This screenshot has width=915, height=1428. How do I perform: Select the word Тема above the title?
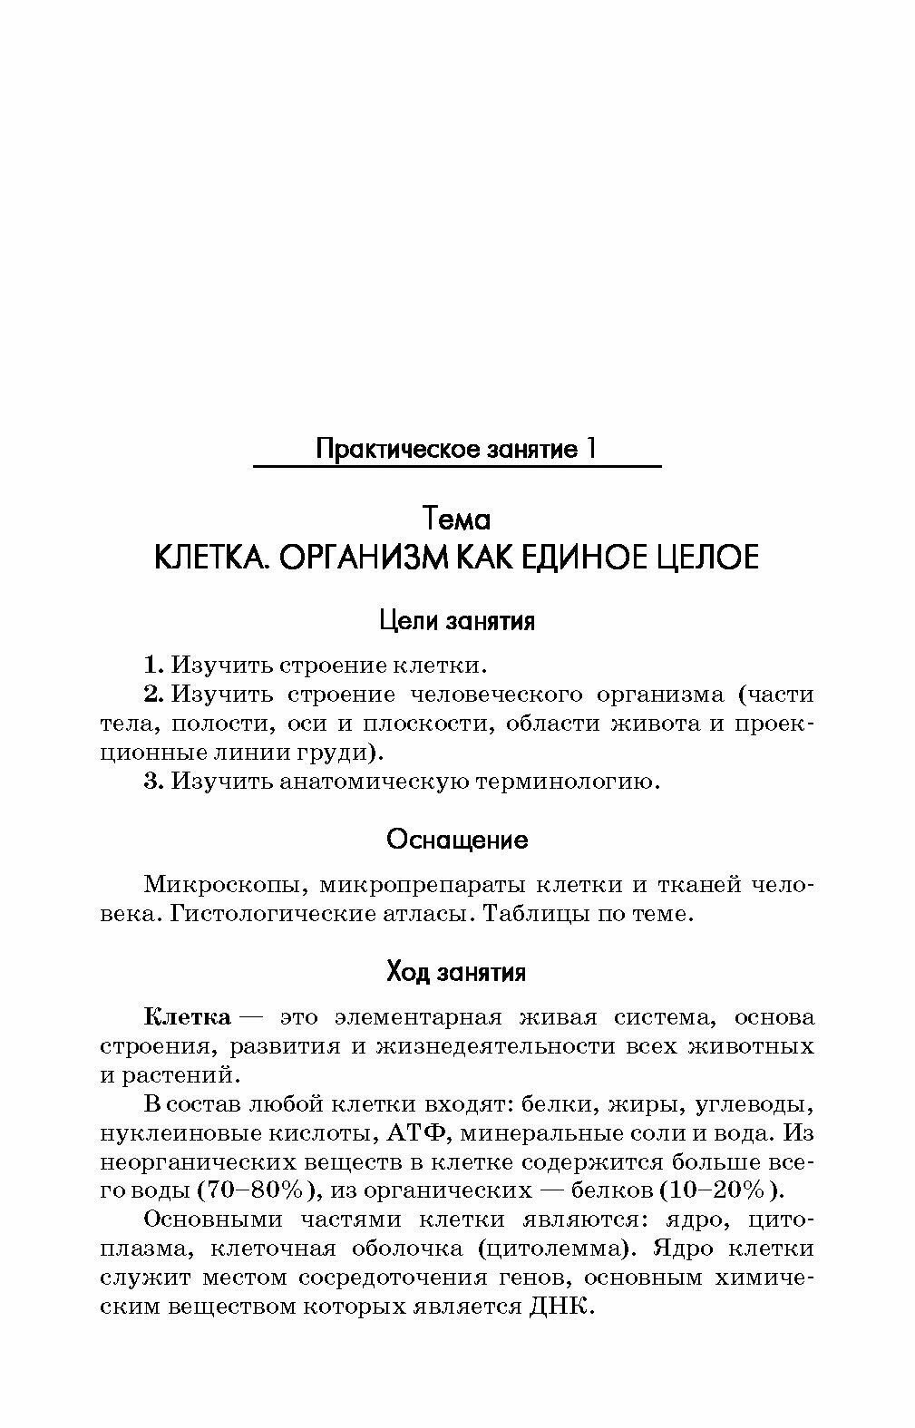(457, 520)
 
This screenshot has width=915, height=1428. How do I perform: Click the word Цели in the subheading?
(405, 622)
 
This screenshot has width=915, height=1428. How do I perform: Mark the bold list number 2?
(152, 695)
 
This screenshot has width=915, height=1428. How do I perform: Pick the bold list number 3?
(152, 781)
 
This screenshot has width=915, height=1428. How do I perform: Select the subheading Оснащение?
(457, 840)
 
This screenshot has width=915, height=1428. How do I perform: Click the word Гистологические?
(258, 914)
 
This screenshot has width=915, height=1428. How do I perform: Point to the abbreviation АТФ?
(418, 1133)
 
